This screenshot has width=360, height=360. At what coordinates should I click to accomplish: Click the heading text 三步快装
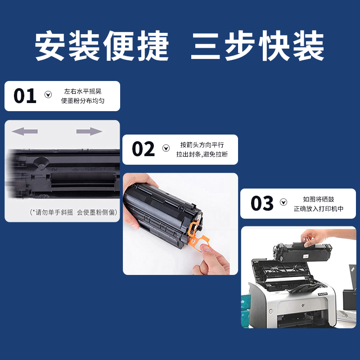point(257,47)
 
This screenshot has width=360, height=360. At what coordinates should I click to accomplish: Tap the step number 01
point(25,96)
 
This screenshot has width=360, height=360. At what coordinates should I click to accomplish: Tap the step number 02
point(143,149)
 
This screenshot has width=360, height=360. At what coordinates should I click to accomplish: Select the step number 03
point(262,204)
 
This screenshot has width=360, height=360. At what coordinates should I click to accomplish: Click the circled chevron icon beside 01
point(48,94)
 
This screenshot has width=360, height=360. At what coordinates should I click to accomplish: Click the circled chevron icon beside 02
point(166,148)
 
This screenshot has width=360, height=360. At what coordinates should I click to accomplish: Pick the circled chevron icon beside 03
point(283,202)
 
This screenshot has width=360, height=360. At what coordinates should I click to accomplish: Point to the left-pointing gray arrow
point(24,131)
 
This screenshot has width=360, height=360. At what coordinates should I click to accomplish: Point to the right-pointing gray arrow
point(89,131)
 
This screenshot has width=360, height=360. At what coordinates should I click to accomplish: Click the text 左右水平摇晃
point(83,91)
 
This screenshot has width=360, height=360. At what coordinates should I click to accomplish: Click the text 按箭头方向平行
point(202,145)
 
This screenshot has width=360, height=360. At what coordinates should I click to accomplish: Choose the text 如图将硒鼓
point(319,199)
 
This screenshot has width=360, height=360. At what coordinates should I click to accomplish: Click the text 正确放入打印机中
point(319,209)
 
